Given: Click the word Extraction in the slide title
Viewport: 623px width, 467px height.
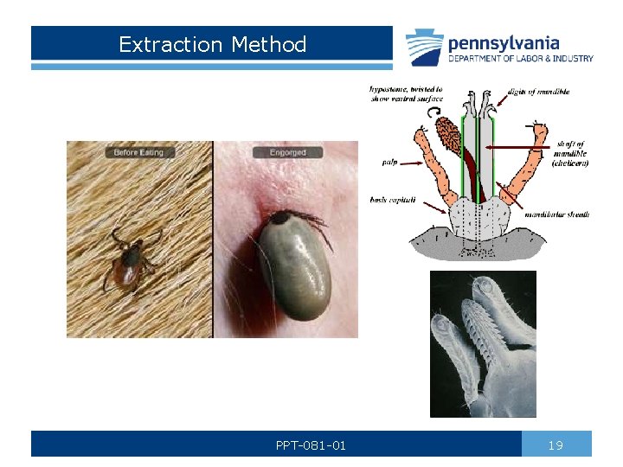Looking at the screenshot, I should (x=163, y=44).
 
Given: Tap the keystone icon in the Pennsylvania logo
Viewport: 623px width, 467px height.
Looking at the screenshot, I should (x=424, y=47).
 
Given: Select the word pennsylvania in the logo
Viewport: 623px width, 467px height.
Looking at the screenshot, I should (x=503, y=42).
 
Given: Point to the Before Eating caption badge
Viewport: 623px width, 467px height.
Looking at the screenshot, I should (x=138, y=152).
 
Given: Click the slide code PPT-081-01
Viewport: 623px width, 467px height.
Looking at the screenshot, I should (x=311, y=445).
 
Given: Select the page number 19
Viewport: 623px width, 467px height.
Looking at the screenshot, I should (x=556, y=445).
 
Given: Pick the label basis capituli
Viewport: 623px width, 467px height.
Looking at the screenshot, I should (x=392, y=200).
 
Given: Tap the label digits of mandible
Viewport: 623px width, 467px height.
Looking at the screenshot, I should (x=537, y=92).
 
